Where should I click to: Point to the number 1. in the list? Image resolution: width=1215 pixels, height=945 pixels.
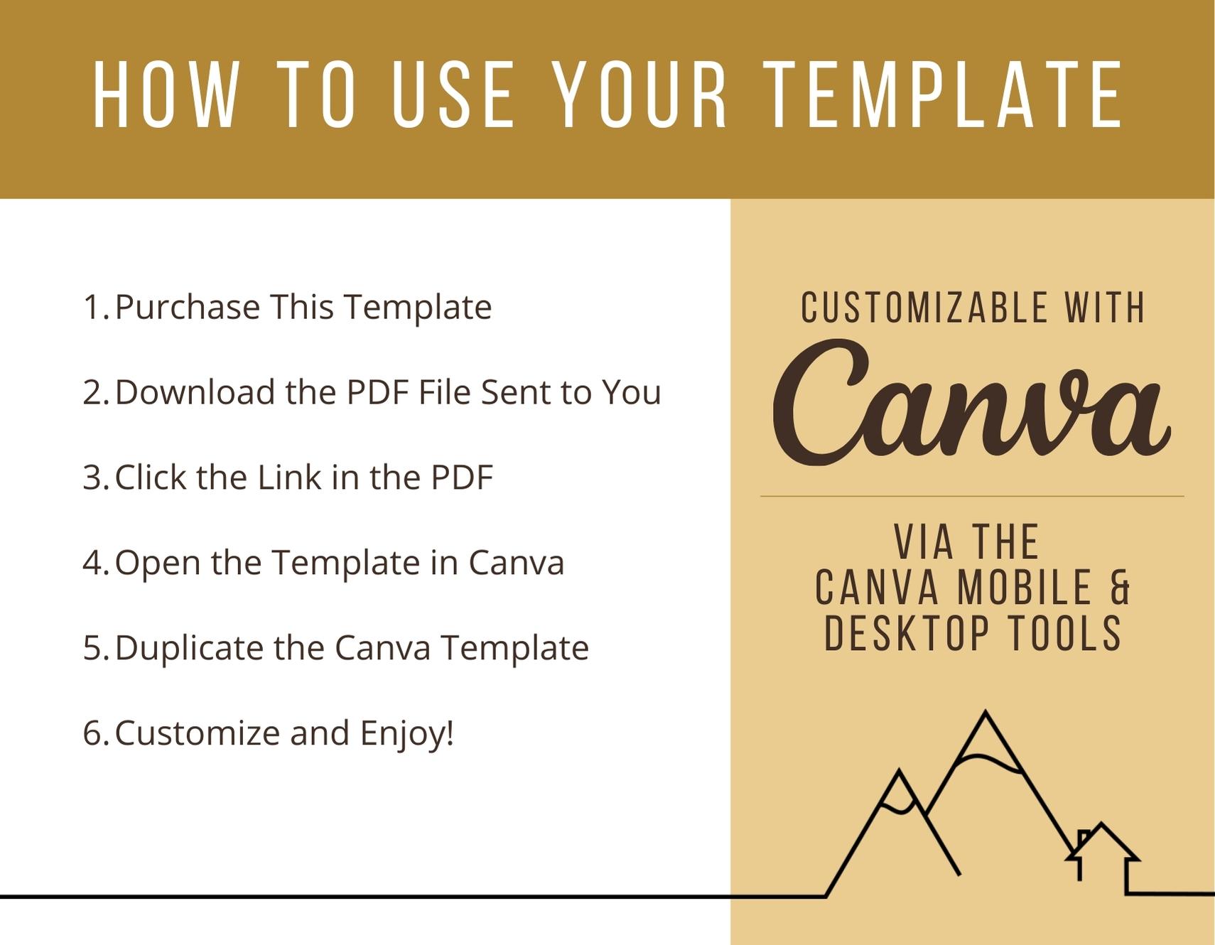click(x=96, y=307)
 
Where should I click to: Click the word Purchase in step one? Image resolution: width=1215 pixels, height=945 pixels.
click(x=188, y=307)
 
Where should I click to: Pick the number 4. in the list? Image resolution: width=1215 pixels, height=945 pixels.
click(x=96, y=563)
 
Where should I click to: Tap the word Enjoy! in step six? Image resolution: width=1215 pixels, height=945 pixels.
click(x=406, y=734)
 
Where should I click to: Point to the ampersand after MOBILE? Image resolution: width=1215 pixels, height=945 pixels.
click(x=1120, y=588)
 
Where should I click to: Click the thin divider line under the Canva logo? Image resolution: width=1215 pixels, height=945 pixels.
click(x=972, y=496)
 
